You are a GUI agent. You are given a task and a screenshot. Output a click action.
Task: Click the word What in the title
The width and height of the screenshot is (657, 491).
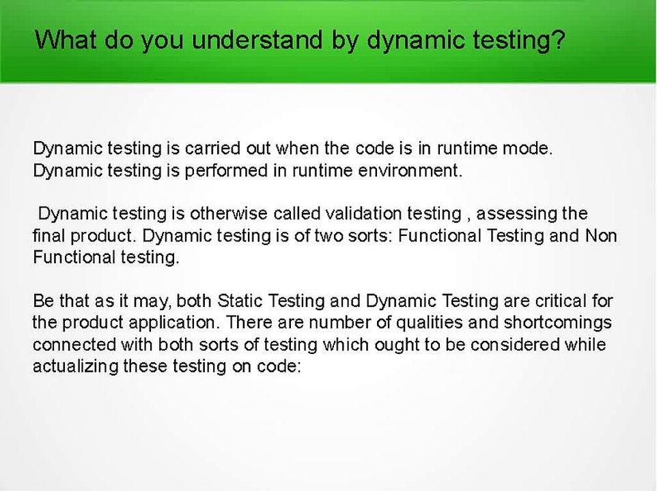pyautogui.click(x=66, y=40)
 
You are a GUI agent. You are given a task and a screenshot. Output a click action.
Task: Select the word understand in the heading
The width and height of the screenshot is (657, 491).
pyautogui.click(x=257, y=40)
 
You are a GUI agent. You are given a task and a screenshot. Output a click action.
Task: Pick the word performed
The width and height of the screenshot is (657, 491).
pyautogui.click(x=226, y=170)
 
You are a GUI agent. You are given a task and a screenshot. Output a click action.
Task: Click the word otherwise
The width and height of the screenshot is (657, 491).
pyautogui.click(x=228, y=213)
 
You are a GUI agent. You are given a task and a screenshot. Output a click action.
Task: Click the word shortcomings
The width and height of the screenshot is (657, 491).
pyautogui.click(x=558, y=323)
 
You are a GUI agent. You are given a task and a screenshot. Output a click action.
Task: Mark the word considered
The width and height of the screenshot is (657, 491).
pyautogui.click(x=515, y=345)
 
